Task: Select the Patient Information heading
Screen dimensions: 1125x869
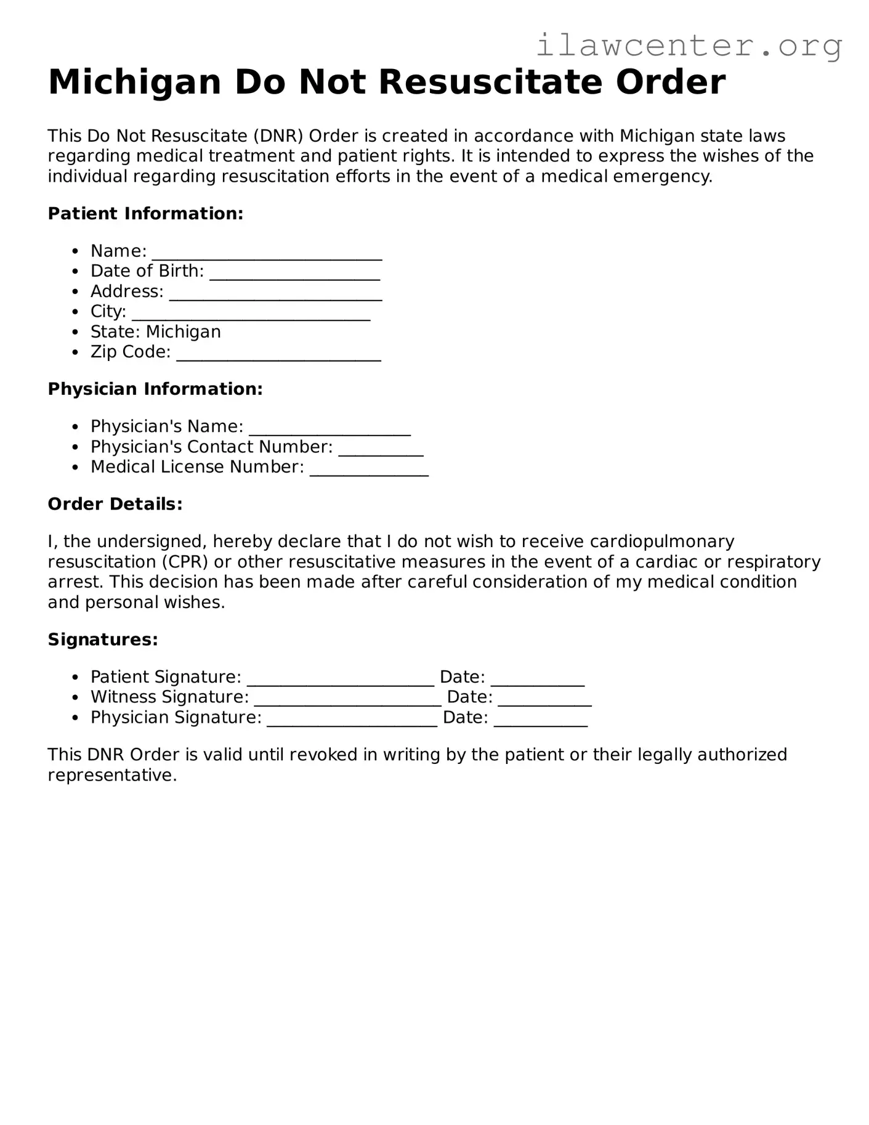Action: tap(145, 214)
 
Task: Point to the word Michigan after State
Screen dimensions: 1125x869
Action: tap(183, 332)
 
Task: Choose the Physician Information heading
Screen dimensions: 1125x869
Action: tap(155, 389)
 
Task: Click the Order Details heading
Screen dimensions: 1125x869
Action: tap(115, 505)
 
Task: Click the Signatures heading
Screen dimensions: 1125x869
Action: tap(103, 640)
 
